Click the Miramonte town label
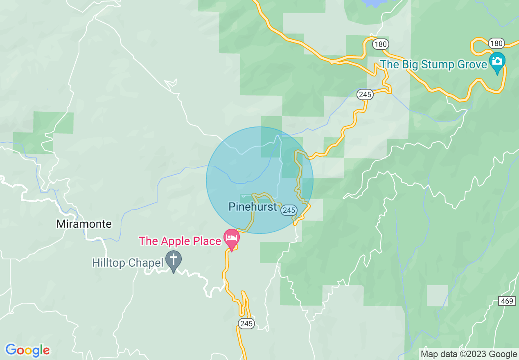tap(84, 224)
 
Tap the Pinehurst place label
tap(253, 207)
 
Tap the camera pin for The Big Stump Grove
tap(497, 62)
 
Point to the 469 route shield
tap(507, 301)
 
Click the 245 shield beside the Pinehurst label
tap(289, 210)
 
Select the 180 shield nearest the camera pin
tap(496, 43)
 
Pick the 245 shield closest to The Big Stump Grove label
tap(365, 94)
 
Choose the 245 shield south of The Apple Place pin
tap(246, 324)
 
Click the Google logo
tap(27, 350)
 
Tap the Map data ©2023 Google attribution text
tap(469, 354)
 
